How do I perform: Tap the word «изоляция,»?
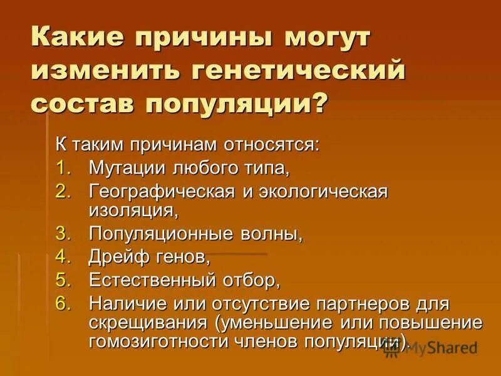coord(128,210)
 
